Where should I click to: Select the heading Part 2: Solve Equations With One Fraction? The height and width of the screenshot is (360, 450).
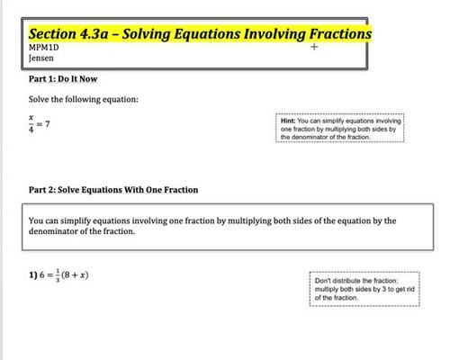(112, 190)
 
